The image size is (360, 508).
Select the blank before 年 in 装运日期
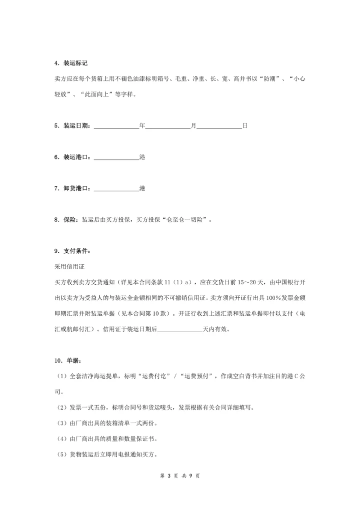116,126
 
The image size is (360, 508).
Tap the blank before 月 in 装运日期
167,126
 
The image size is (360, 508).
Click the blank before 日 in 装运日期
219,126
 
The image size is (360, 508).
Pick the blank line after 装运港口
116,157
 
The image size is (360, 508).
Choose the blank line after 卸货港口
116,189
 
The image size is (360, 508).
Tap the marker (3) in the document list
59,423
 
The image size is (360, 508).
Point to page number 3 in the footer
169,476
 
